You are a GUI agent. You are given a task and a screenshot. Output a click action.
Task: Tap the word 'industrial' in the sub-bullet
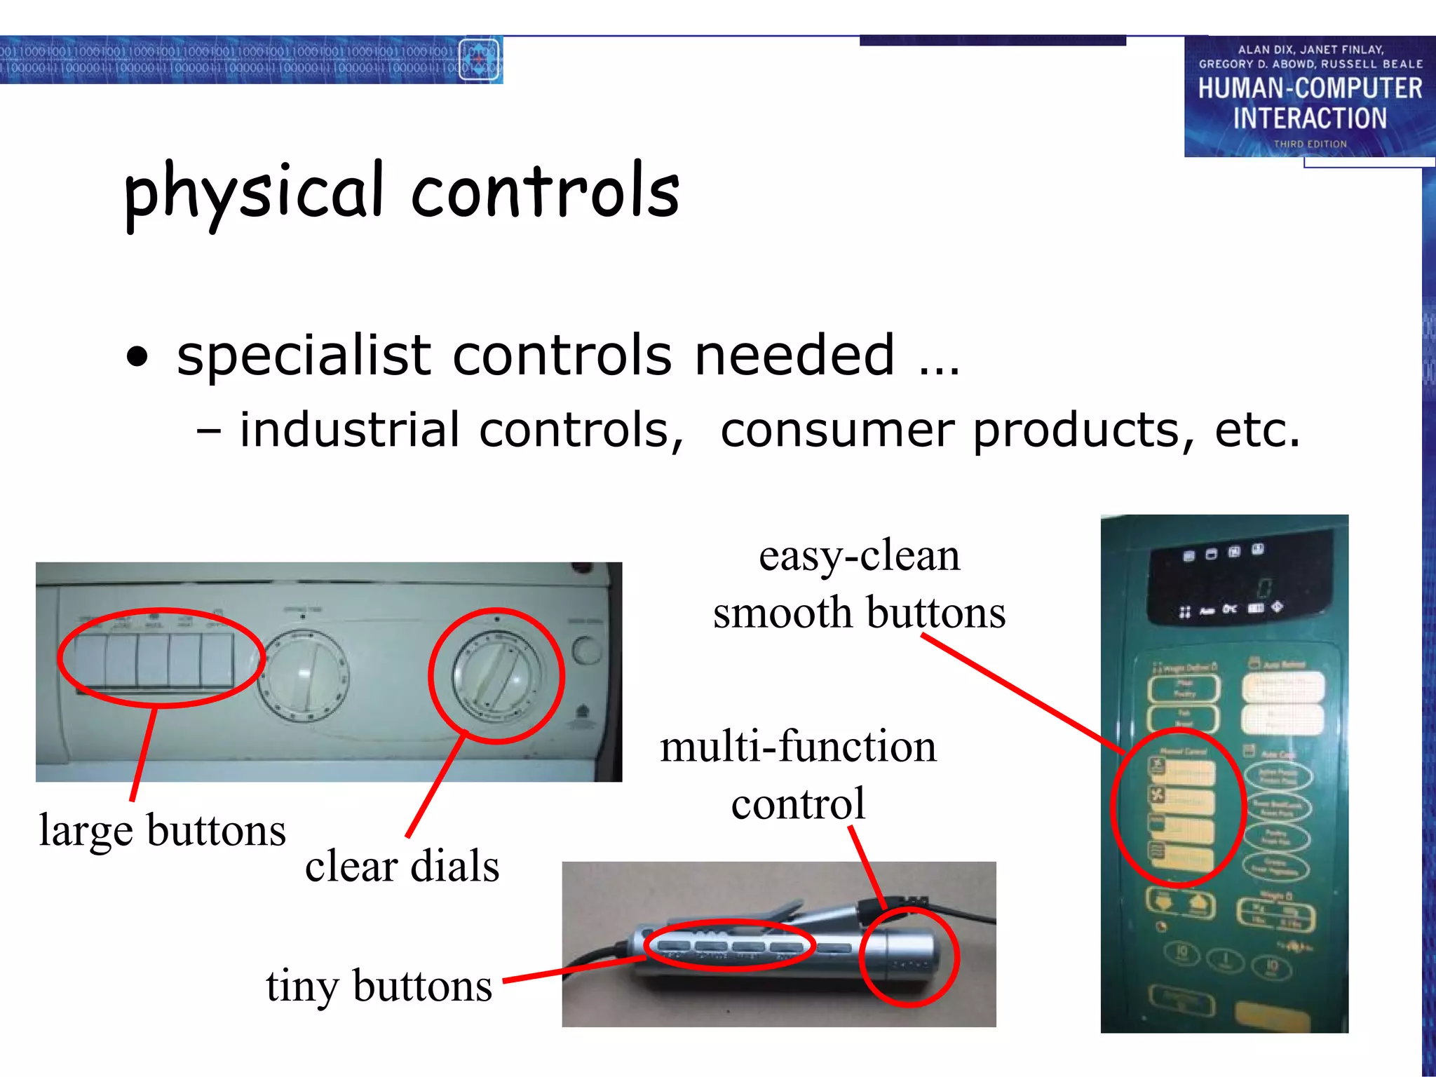pos(349,430)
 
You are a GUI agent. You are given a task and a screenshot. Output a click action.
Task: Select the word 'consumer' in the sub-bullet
pos(837,430)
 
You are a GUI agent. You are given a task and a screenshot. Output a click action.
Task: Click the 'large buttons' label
pos(162,830)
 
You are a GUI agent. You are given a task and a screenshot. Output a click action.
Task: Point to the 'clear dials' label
pos(402,866)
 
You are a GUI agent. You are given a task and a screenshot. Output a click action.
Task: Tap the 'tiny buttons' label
pos(379,986)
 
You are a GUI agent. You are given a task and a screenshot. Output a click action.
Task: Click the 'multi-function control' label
pos(798,775)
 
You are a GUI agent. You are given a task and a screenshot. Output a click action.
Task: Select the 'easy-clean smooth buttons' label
pos(859,584)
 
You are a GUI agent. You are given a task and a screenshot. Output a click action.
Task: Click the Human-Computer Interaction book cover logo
pos(1309,97)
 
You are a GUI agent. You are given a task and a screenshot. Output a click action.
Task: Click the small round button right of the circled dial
pos(586,650)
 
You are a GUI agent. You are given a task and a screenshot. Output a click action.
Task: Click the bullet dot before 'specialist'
pos(138,357)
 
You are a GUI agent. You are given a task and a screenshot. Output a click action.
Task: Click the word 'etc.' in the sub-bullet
pos(1257,430)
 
